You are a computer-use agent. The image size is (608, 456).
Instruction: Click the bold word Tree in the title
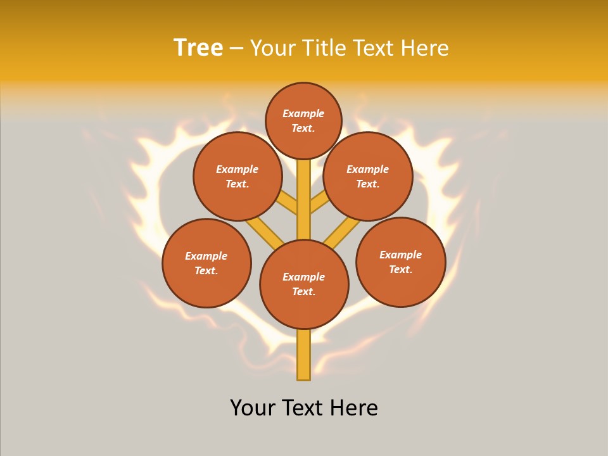tap(198, 48)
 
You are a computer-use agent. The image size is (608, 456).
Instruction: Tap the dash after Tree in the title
tap(236, 49)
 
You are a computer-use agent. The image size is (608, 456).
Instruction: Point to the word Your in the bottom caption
tap(253, 408)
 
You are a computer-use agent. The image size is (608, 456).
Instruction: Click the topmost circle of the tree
tap(303, 120)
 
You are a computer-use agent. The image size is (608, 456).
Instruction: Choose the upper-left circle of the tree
tap(237, 176)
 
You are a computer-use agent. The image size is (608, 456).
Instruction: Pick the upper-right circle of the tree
tap(368, 176)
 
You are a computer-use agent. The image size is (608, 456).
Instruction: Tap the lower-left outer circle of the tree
tap(206, 263)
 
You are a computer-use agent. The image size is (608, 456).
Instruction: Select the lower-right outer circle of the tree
tap(400, 262)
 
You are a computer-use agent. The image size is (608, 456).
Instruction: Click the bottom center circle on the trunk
tap(304, 284)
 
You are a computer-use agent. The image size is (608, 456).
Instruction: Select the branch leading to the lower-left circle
tap(263, 231)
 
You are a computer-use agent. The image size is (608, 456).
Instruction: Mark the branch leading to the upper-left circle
tap(288, 204)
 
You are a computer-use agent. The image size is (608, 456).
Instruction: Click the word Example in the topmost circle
tap(303, 113)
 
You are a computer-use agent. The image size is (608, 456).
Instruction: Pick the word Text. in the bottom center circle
tap(303, 291)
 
